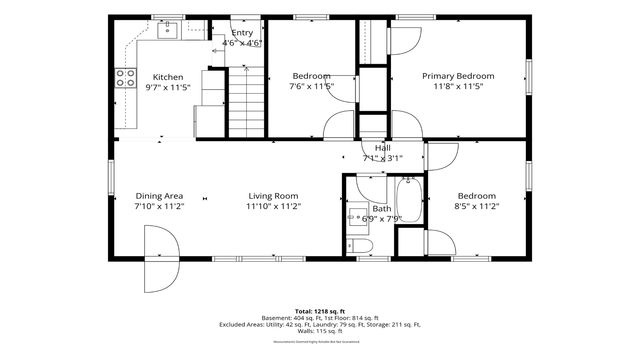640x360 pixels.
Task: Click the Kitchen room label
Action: click(x=167, y=77)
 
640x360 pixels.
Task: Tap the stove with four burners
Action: click(x=126, y=78)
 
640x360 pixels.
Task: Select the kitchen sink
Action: click(x=167, y=31)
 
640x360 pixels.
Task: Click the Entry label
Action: click(x=242, y=32)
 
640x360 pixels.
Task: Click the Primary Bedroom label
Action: click(x=458, y=76)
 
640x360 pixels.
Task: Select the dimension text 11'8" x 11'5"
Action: click(x=458, y=87)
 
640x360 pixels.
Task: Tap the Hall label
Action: click(x=382, y=147)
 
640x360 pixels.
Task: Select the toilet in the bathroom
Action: click(x=363, y=246)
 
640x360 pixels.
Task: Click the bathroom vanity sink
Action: click(x=355, y=214)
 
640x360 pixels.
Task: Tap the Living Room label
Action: click(x=273, y=196)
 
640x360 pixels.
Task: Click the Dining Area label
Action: click(x=159, y=196)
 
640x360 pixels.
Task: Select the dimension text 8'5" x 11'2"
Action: click(x=477, y=206)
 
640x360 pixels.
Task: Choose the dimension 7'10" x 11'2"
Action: click(x=159, y=206)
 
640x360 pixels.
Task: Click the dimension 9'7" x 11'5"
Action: click(x=167, y=87)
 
